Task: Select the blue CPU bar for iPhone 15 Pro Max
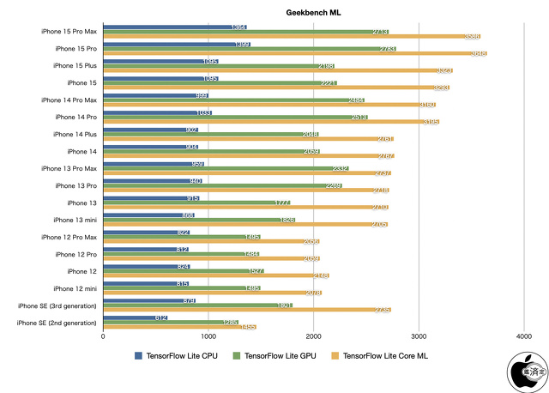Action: (168, 27)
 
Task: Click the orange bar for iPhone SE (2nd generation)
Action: (179, 327)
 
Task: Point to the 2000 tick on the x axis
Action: (313, 337)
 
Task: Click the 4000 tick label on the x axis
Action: (522, 337)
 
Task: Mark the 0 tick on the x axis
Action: (103, 337)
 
